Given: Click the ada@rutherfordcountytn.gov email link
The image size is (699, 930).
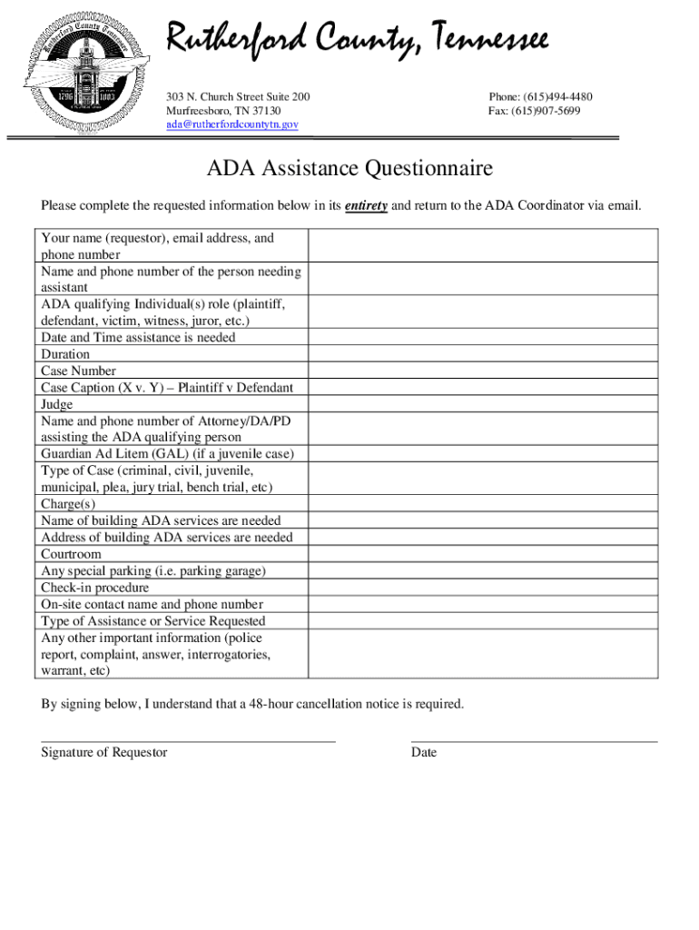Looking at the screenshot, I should point(231,124).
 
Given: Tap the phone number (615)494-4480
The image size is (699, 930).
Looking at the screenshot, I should point(540,97).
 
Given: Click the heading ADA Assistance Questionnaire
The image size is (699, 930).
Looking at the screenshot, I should point(349,169).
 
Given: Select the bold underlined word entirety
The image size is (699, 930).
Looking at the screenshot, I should point(366,206).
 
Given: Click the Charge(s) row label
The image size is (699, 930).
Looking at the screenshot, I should point(68,504).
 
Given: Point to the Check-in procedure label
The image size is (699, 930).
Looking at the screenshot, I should point(94,588).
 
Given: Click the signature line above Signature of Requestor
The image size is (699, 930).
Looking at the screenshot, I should point(188,740).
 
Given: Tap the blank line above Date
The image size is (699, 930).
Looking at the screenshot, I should point(534,740).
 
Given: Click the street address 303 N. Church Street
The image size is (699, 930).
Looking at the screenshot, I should point(237,97).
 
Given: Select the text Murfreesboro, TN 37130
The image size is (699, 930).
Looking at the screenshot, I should point(223,111).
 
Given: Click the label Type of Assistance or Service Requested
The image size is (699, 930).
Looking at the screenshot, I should point(153,621).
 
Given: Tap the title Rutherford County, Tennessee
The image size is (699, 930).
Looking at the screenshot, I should point(356,40).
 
